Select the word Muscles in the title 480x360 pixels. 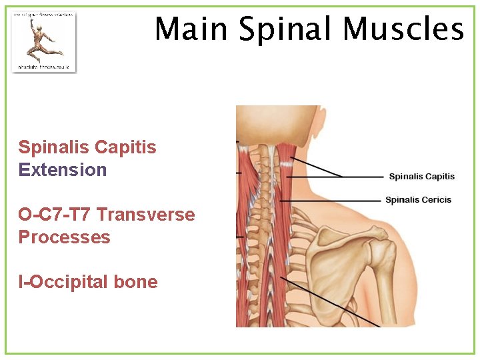pos(403,29)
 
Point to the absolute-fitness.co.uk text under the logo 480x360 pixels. pos(43,67)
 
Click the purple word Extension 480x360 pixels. pos(63,170)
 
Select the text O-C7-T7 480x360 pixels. pos(55,215)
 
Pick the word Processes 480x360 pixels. pos(64,238)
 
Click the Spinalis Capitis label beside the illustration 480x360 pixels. pos(421,177)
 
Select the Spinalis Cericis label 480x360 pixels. pos(418,200)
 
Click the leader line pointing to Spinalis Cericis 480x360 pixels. pos(333,200)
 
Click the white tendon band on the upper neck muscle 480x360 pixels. pos(285,160)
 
